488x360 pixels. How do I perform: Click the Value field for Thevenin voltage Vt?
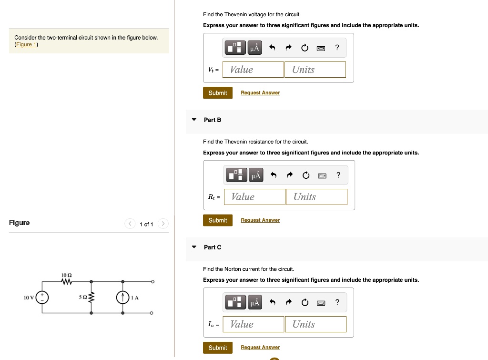pos(255,70)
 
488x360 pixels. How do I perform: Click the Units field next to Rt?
pos(316,197)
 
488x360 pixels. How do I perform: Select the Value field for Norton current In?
pos(255,324)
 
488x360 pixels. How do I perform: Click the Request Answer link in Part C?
pos(260,348)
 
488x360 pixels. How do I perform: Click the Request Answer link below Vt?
pos(260,93)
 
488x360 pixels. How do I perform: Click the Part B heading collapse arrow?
pos(194,120)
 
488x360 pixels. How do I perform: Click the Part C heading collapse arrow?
pos(194,247)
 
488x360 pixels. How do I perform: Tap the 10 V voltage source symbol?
pos(42,298)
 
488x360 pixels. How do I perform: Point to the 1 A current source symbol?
pos(122,298)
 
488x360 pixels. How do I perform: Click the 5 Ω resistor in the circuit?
pos(91,298)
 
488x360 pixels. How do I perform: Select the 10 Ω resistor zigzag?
pos(67,282)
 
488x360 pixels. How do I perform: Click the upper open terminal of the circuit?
pos(152,282)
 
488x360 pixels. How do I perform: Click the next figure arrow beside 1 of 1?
pos(163,224)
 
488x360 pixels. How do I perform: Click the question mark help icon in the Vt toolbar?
pos(337,48)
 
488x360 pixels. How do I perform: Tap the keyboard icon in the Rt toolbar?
pos(322,175)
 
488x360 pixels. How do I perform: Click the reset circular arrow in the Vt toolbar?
pos(305,48)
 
